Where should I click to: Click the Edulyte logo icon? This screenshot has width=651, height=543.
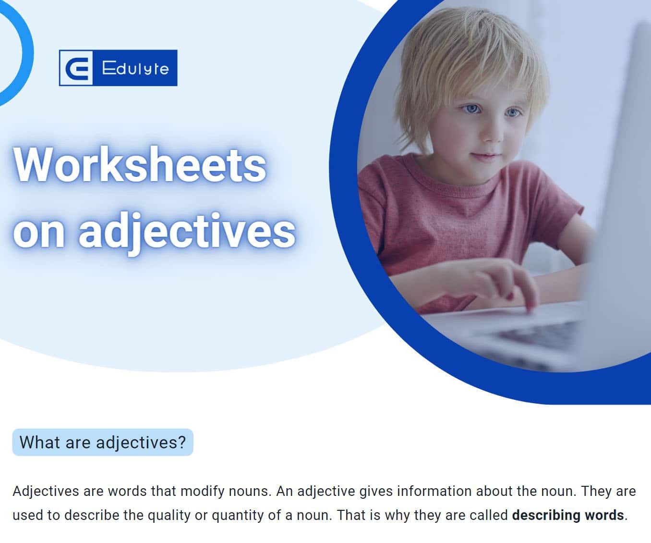(x=76, y=68)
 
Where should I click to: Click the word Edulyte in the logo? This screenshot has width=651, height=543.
(x=135, y=68)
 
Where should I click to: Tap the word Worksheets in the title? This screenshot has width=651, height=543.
(x=139, y=164)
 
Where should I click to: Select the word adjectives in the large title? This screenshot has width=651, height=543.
(x=187, y=232)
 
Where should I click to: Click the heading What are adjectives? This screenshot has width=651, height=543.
(x=103, y=442)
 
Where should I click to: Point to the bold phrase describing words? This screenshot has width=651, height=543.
(x=568, y=515)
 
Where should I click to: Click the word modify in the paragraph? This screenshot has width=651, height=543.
(x=202, y=492)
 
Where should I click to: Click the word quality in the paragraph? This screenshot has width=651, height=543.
(x=169, y=515)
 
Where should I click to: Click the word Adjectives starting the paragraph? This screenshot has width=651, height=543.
(x=46, y=492)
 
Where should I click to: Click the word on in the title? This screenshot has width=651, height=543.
(x=39, y=233)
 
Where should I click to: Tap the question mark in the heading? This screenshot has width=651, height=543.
(x=182, y=442)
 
